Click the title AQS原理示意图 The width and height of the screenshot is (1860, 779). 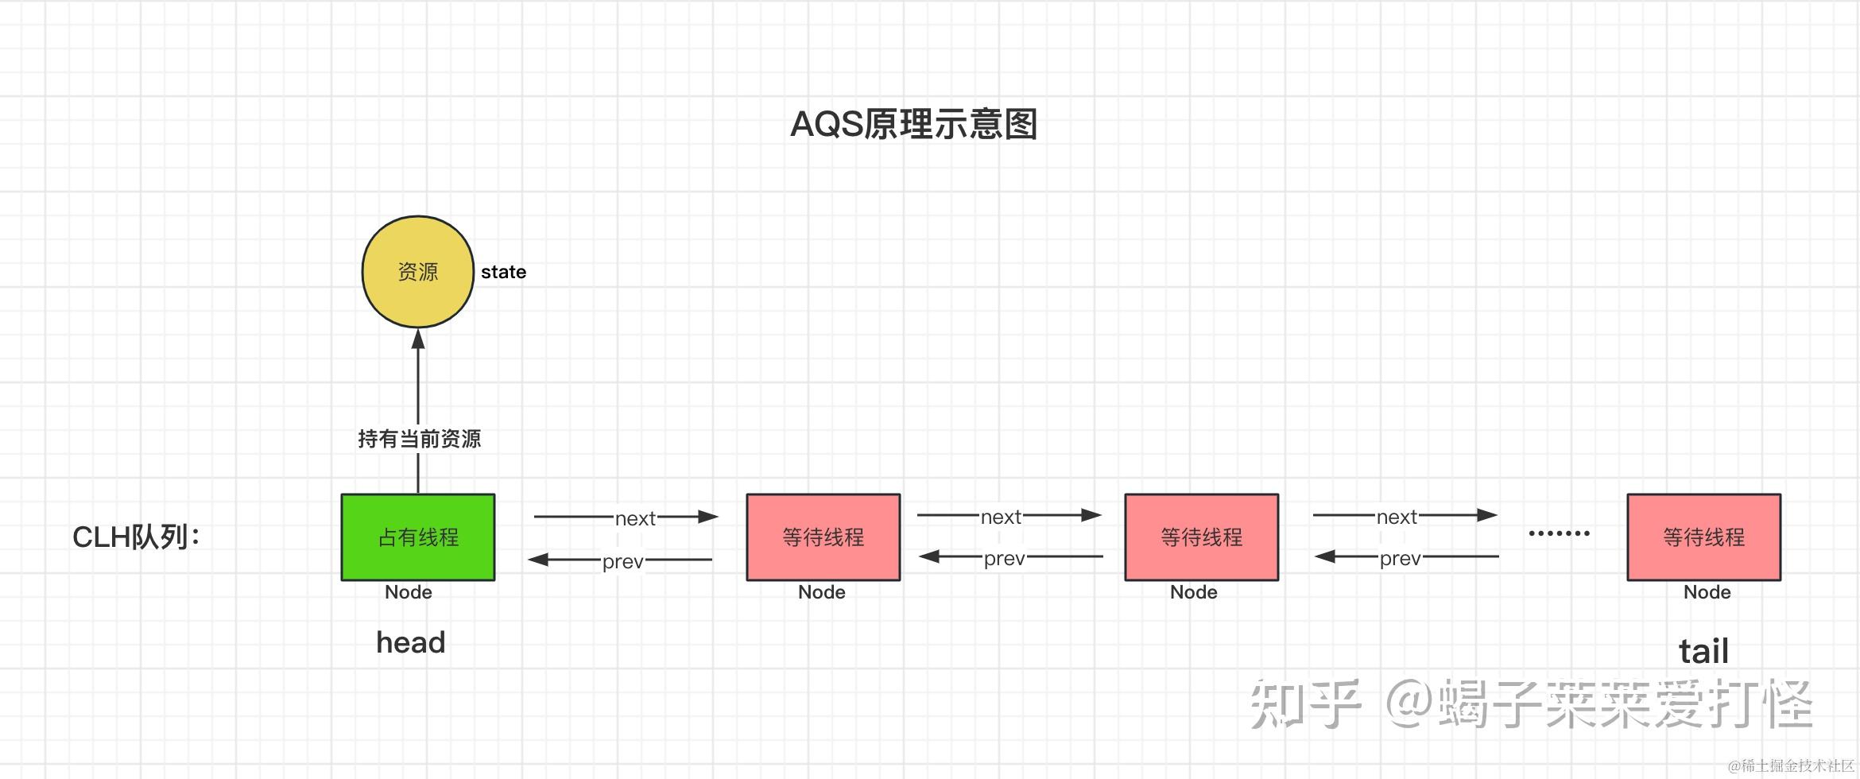pos(913,125)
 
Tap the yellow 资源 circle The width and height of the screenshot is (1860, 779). pos(418,272)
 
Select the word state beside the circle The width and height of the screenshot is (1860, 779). pos(503,272)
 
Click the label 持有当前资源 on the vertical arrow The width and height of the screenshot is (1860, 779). pos(419,439)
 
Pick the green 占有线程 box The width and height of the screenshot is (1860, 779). pos(418,537)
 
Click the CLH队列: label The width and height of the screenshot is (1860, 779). pos(136,537)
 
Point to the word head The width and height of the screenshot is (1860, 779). pos(410,642)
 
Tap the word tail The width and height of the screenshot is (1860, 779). pos(1703,652)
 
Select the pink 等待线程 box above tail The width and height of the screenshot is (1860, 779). pos(1703,537)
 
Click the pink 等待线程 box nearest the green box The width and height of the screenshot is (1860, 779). pos(823,537)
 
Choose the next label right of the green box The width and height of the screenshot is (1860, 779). pos(635,518)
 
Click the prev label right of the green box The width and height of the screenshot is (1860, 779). pos(622,561)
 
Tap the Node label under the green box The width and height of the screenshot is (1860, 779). pos(409,592)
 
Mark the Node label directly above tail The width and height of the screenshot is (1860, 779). pos(1707,592)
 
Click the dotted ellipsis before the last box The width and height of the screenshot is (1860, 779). pos(1559,533)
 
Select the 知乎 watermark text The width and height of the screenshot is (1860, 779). pos(1304,704)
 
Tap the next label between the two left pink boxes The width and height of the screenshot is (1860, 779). pos(1001,517)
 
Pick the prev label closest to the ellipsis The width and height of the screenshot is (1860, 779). pos(1400,558)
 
